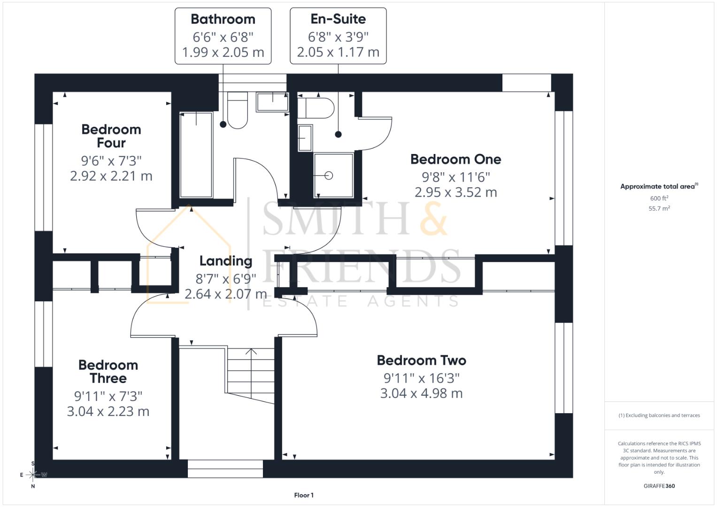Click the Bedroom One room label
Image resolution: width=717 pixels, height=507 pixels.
point(455,159)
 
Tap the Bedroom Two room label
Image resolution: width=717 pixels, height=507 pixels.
point(421,360)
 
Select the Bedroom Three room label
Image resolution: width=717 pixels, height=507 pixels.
point(108,371)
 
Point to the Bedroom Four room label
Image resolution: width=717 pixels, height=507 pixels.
point(111,136)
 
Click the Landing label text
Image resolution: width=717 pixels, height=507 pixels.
point(225,261)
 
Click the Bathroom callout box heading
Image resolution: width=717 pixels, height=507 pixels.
point(223,19)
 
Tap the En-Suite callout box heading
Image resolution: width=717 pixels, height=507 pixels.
point(338,19)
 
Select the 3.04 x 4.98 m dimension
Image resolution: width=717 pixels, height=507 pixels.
point(421,393)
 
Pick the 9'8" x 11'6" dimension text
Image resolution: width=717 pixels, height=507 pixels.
point(455,177)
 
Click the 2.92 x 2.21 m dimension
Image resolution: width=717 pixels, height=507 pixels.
point(111,176)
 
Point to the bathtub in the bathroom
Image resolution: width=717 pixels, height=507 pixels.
point(196,154)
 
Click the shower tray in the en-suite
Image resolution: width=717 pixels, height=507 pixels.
point(333,175)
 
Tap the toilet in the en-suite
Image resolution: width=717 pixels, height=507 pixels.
point(316,108)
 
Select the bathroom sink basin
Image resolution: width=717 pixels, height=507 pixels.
point(272,102)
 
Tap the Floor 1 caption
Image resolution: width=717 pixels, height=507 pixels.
point(304,495)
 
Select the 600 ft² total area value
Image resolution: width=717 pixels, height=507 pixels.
point(659,198)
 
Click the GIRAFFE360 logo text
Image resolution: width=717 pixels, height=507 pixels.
point(659,486)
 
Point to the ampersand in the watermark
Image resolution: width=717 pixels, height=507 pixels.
point(433,219)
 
